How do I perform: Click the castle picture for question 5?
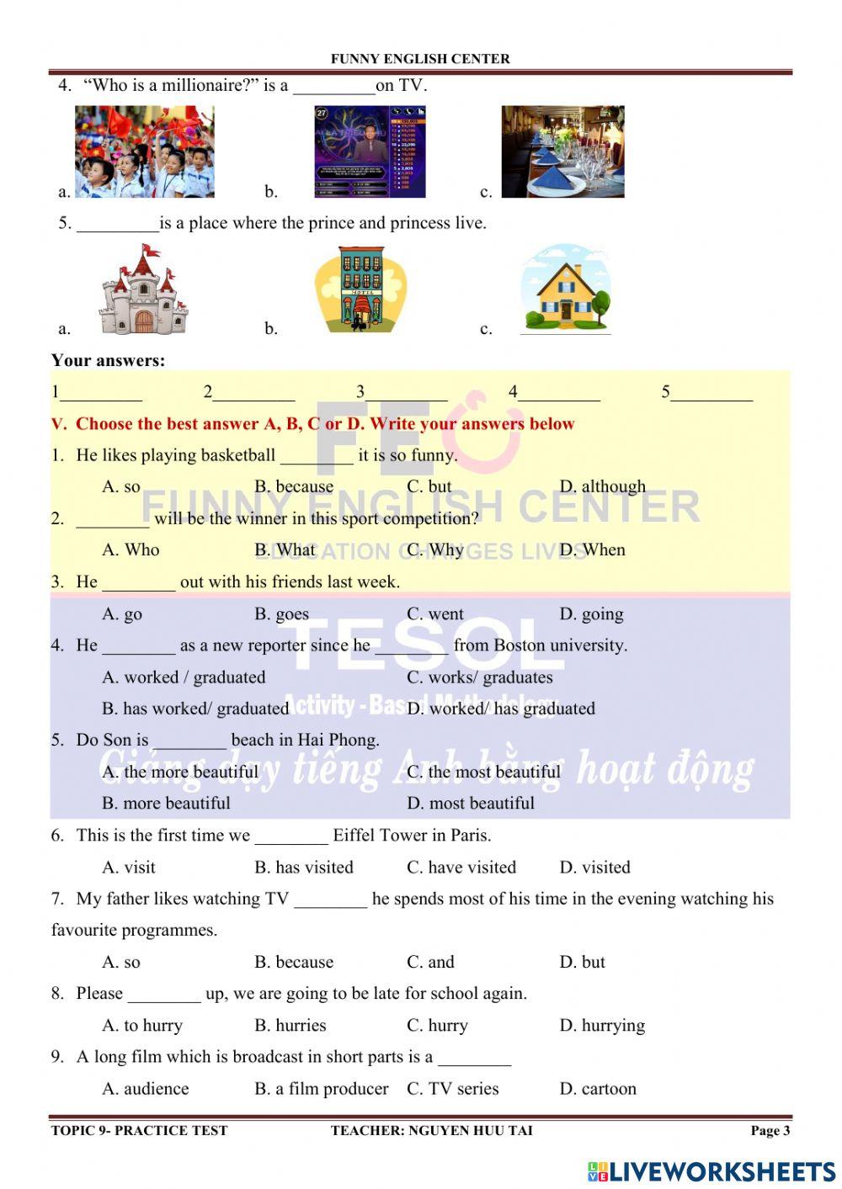(x=140, y=290)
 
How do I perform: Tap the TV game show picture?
(x=370, y=152)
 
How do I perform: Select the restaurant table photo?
(x=562, y=152)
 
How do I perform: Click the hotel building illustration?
(x=360, y=289)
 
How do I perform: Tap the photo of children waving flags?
(x=144, y=152)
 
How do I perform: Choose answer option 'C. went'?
(x=435, y=614)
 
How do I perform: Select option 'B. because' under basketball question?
(x=294, y=486)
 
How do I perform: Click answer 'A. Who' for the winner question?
(x=131, y=550)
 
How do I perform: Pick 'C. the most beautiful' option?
(x=483, y=772)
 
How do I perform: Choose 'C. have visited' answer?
(x=461, y=868)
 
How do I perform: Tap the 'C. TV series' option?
(x=453, y=1089)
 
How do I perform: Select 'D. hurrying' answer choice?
(x=602, y=1026)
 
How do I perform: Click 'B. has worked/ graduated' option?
(x=195, y=709)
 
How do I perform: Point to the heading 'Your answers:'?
(x=109, y=361)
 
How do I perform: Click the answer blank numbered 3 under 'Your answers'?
(x=408, y=392)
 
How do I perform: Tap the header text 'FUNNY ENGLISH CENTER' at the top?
(x=420, y=59)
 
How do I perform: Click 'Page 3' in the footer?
(x=770, y=1130)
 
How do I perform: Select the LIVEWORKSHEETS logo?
(x=711, y=1171)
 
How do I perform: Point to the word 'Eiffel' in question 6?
(x=354, y=836)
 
